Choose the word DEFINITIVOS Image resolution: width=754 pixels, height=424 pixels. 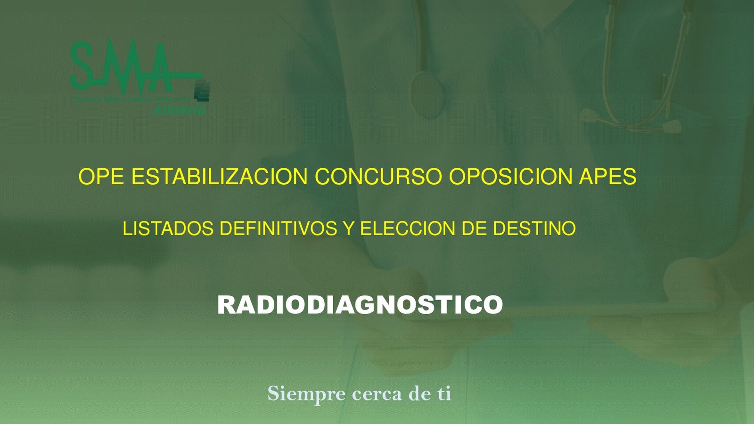click(x=279, y=229)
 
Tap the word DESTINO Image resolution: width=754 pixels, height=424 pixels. click(x=534, y=229)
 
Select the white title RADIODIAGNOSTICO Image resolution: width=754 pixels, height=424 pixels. click(x=360, y=305)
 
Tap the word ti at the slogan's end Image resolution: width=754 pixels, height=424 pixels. click(x=444, y=394)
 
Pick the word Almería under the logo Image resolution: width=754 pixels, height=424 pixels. click(x=179, y=110)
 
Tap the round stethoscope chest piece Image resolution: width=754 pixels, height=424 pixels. click(x=427, y=94)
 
